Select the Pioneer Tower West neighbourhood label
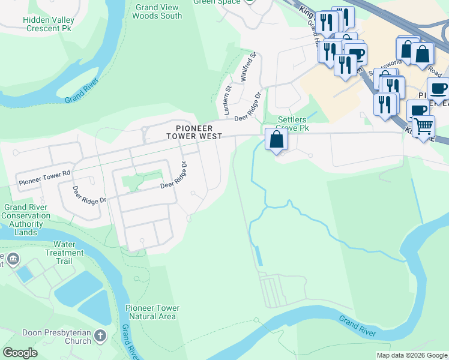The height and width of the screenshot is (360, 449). (194, 132)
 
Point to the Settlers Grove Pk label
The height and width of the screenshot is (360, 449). (294, 124)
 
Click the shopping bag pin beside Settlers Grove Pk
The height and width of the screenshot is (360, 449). (276, 140)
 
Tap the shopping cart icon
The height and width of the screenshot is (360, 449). (424, 127)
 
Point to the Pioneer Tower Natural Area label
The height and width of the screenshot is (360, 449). (152, 312)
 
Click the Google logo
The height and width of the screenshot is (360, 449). (19, 353)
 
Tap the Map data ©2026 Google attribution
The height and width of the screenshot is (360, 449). (412, 355)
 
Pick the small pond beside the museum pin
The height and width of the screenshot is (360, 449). (25, 274)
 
